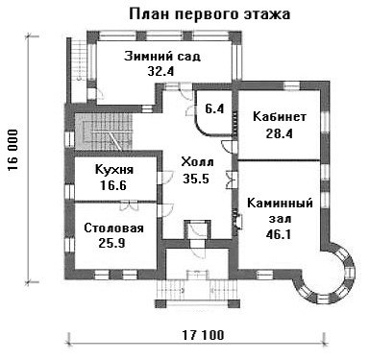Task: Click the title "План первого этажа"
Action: coord(209,14)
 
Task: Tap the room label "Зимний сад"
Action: coord(162,57)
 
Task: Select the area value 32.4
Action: coord(160,71)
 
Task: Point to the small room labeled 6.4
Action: coord(214,109)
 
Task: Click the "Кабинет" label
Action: coord(280,117)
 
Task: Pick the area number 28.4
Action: coord(279,133)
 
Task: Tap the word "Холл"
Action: coord(197,162)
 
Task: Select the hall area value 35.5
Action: coord(196,179)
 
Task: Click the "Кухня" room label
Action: coord(114,170)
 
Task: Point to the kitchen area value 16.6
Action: coord(113,185)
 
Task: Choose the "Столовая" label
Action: coord(113,228)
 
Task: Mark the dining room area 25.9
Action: coord(111,244)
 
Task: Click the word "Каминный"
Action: coord(280,204)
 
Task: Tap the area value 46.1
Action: coord(279,234)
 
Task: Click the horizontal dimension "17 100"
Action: coord(203,335)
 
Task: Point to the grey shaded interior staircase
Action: coord(103,132)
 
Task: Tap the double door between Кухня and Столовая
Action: coord(129,204)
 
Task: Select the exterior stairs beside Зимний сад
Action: coord(78,60)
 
